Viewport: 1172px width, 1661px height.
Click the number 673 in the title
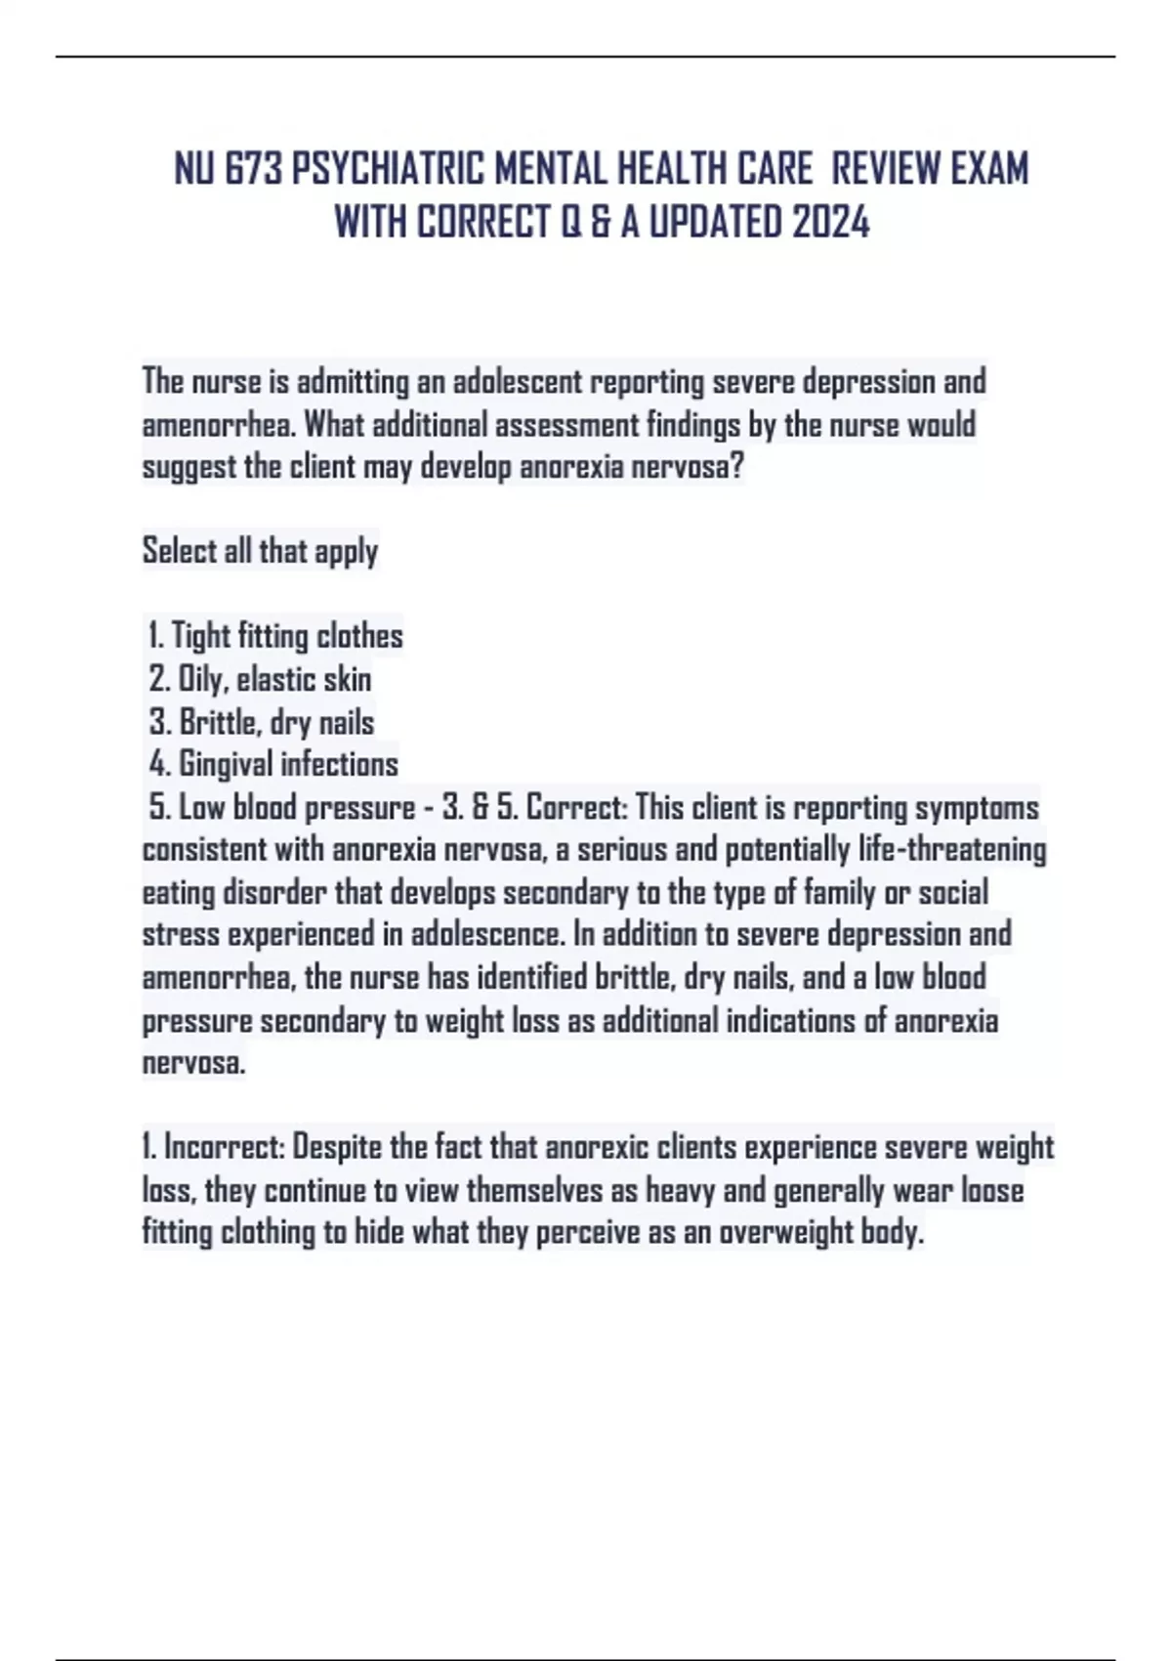(254, 169)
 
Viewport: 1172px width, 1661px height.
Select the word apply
(346, 552)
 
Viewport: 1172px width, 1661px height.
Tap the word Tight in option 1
(199, 636)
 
